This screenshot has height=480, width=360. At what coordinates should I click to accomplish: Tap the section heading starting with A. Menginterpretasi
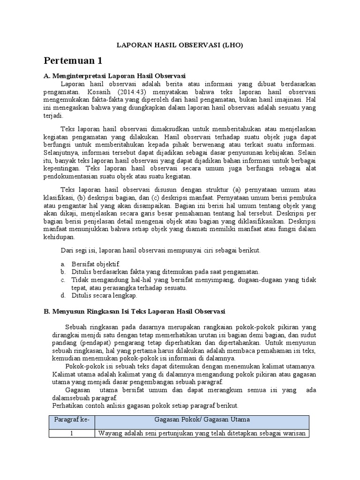click(x=114, y=75)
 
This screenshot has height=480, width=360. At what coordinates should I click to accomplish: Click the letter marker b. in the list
click(x=62, y=272)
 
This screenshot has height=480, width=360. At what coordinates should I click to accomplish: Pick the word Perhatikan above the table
click(x=67, y=405)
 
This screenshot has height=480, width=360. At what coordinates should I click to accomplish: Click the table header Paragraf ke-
click(x=72, y=419)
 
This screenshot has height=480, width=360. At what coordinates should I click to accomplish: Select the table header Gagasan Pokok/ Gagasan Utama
click(x=202, y=419)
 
